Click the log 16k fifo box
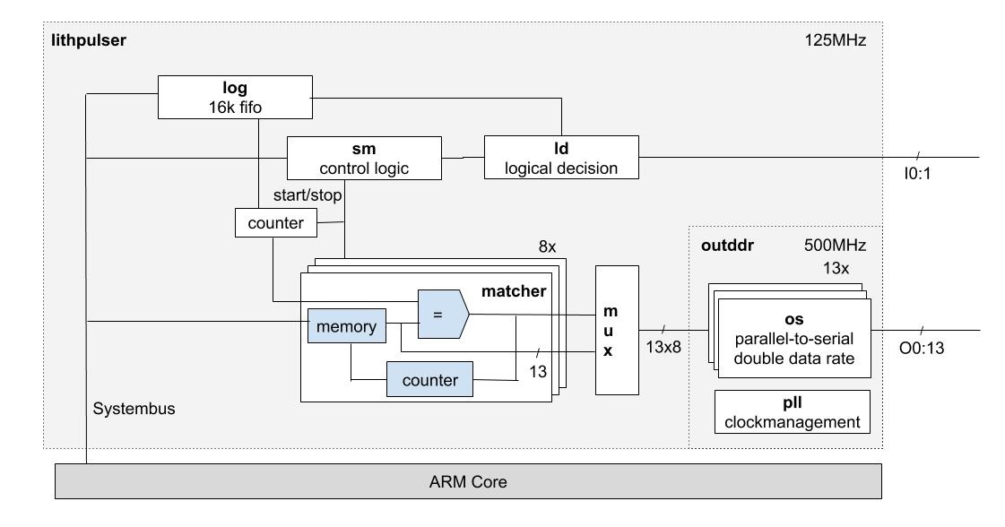pyautogui.click(x=236, y=97)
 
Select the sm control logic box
pyautogui.click(x=364, y=158)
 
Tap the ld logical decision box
pyautogui.click(x=561, y=158)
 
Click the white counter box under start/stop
pyautogui.click(x=275, y=222)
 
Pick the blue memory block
pyautogui.click(x=347, y=326)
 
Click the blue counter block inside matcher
pyautogui.click(x=429, y=380)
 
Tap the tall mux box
pyautogui.click(x=617, y=330)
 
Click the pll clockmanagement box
pyautogui.click(x=793, y=411)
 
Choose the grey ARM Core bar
pyautogui.click(x=469, y=482)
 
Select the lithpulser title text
pyautogui.click(x=89, y=40)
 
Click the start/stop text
pyautogui.click(x=306, y=194)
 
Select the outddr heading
pyautogui.click(x=724, y=243)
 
